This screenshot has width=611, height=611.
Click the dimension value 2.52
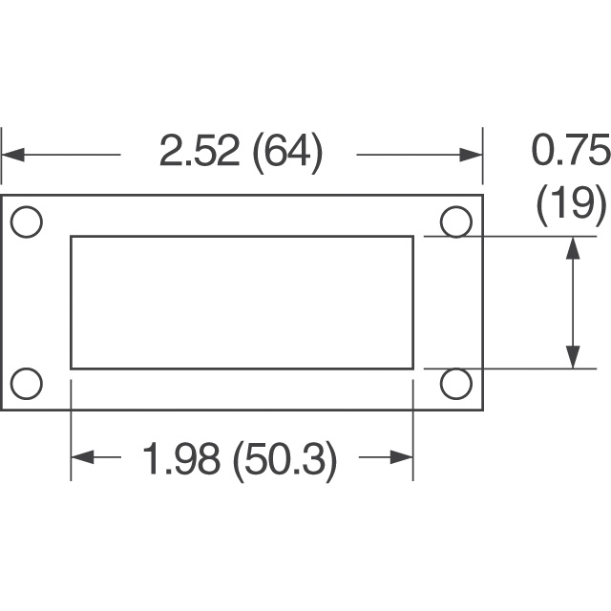pyautogui.click(x=200, y=151)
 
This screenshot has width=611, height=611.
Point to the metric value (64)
pyautogui.click(x=288, y=153)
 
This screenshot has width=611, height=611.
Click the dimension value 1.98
pyautogui.click(x=180, y=458)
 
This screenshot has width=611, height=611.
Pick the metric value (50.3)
pyautogui.click(x=284, y=460)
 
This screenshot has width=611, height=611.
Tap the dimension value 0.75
pyautogui.click(x=570, y=150)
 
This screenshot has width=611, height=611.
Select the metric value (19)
pyautogui.click(x=571, y=205)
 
